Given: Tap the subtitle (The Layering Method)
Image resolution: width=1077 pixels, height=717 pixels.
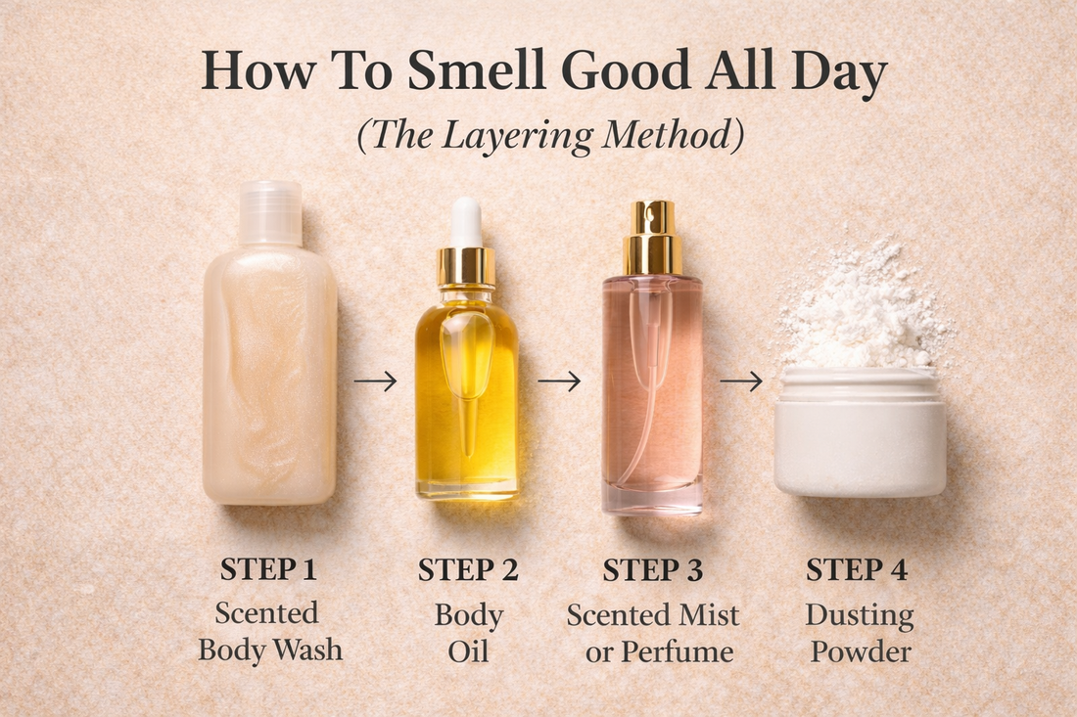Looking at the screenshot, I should pos(549,136).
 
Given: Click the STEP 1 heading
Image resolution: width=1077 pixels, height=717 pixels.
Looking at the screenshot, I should pos(269,569).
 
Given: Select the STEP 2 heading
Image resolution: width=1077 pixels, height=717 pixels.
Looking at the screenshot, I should pos(467,569).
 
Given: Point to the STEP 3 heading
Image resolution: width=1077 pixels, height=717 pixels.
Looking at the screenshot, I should pos(652,569).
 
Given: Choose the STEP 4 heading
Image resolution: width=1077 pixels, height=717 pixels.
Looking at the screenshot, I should pos(858,569).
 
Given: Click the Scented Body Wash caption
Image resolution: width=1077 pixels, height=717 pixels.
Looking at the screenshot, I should pos(269,631).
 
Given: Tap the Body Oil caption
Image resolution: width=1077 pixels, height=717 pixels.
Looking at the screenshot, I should pos(467,631).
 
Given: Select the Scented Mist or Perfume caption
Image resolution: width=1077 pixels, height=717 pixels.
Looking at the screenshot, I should pos(652,631).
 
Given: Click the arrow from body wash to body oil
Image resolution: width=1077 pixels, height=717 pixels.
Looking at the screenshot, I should pos(375,381).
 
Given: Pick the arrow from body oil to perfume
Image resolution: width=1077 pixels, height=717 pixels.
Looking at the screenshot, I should pos(559,381).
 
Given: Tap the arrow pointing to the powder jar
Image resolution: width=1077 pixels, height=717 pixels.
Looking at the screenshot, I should pos(741,381).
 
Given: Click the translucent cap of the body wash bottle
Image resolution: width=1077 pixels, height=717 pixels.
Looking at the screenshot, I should pos(269,211).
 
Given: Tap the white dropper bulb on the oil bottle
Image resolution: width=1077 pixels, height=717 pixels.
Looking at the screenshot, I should pos(466,221).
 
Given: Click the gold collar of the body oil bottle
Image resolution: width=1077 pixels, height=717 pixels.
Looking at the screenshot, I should pos(466,266).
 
